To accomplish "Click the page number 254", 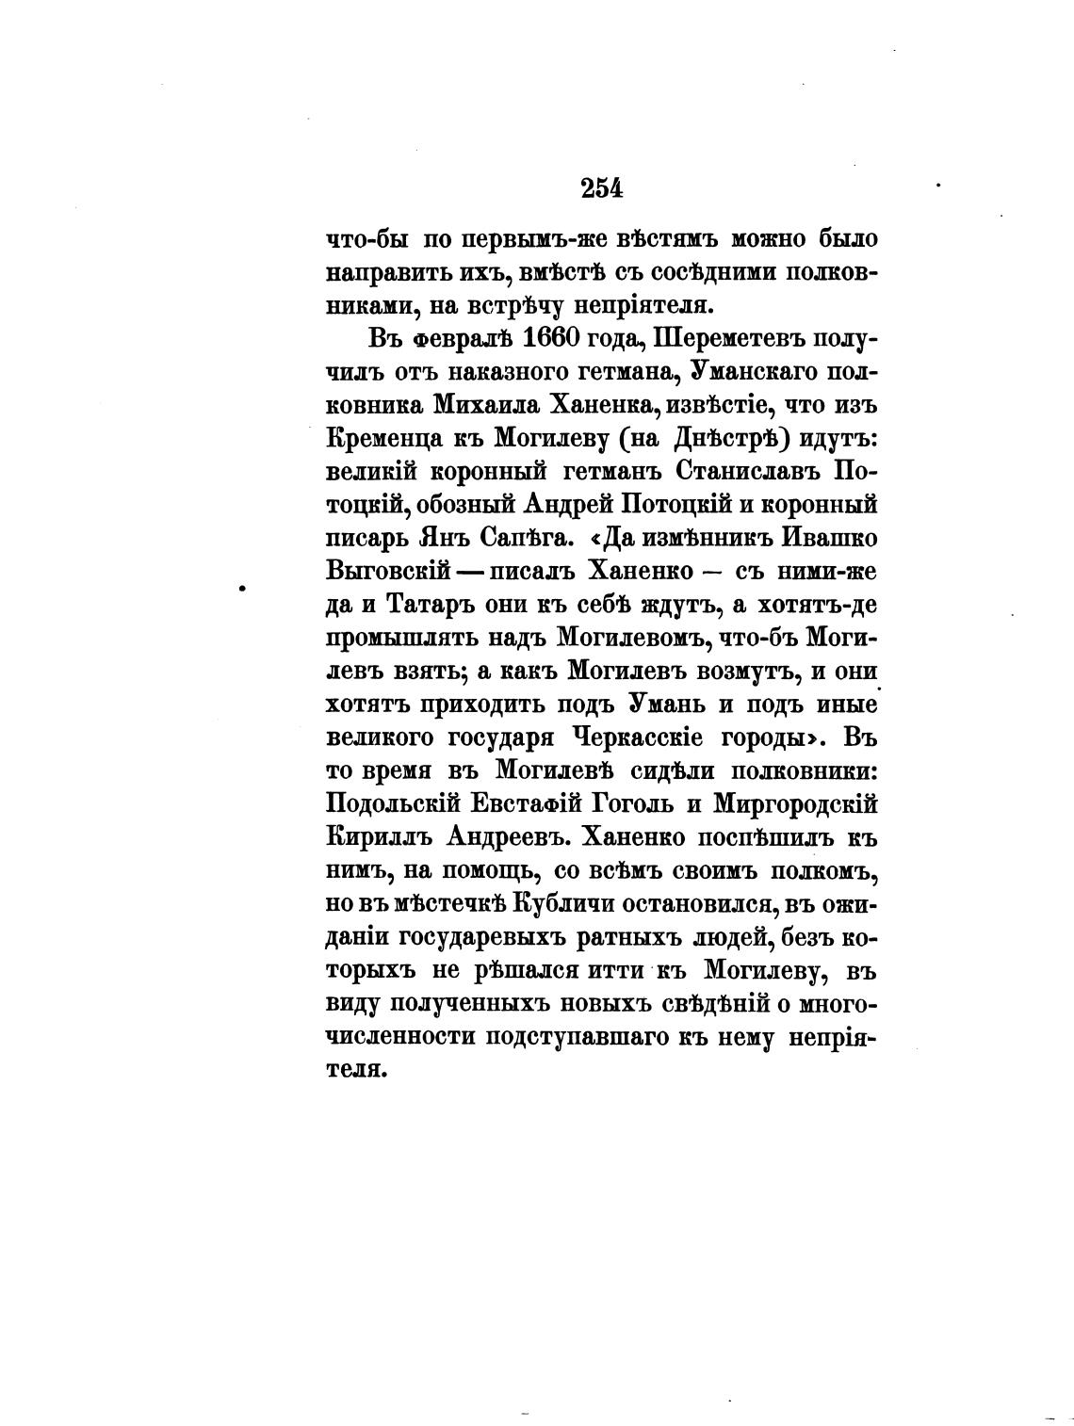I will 602,188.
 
